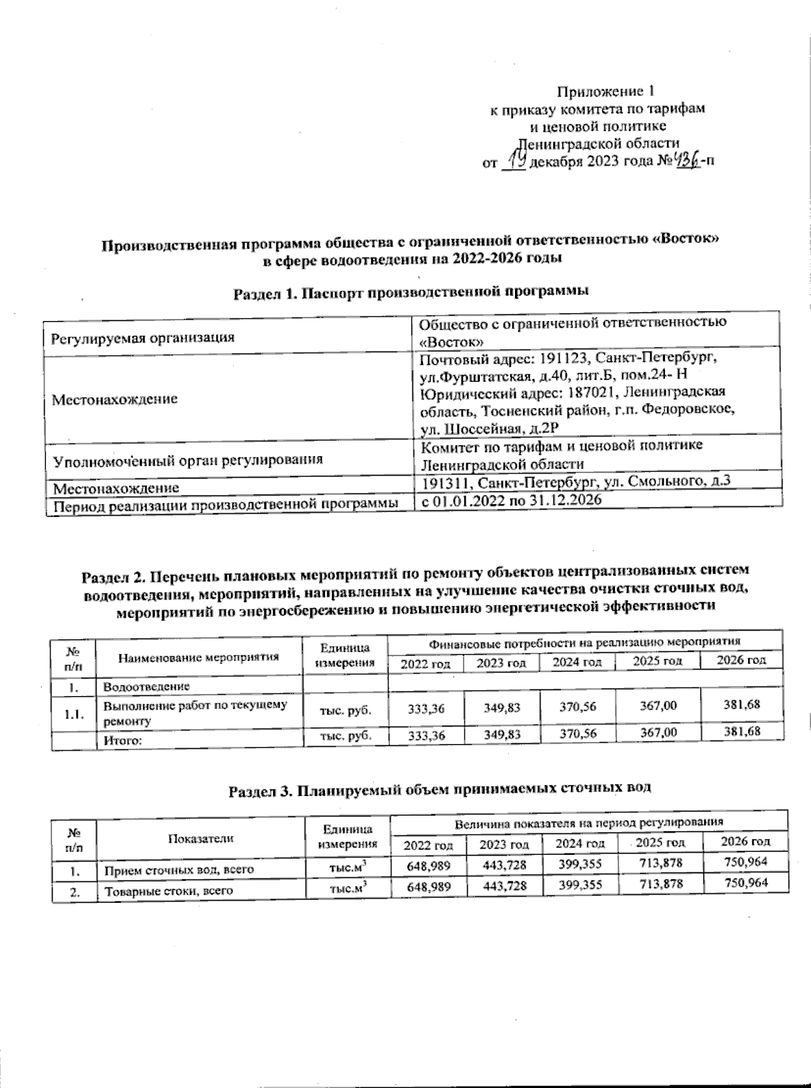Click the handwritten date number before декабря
(516, 160)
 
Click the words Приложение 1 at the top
(606, 91)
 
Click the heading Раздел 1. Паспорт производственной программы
(411, 292)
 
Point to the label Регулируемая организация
(143, 337)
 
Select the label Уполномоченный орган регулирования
(188, 460)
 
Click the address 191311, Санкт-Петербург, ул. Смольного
(576, 482)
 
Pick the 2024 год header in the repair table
(577, 663)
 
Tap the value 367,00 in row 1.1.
(658, 706)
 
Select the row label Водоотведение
(146, 687)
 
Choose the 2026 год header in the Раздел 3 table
(745, 841)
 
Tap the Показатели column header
(201, 838)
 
